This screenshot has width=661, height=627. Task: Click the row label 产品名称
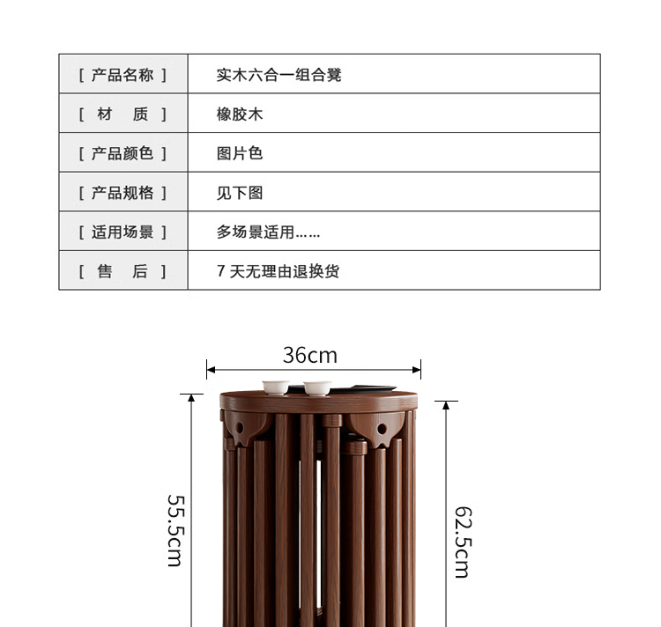click(123, 75)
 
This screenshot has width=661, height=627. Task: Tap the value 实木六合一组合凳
click(279, 75)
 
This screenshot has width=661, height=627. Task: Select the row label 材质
click(123, 114)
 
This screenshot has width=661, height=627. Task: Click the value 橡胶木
click(240, 114)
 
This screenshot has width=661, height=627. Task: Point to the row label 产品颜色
click(123, 153)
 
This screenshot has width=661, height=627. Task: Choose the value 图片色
click(240, 153)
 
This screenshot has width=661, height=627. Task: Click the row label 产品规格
click(123, 193)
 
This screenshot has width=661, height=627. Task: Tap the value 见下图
click(240, 193)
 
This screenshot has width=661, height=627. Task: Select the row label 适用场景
click(123, 232)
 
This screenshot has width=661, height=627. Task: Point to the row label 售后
click(123, 271)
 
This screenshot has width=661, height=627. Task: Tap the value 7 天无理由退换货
click(278, 271)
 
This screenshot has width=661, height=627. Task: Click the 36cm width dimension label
click(309, 355)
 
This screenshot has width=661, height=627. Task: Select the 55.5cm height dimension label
click(175, 528)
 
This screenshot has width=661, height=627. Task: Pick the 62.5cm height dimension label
click(462, 541)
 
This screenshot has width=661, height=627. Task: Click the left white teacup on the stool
click(276, 387)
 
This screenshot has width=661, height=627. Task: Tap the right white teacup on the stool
click(316, 387)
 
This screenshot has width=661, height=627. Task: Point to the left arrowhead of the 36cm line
click(210, 370)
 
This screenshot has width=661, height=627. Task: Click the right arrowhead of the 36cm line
click(418, 370)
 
